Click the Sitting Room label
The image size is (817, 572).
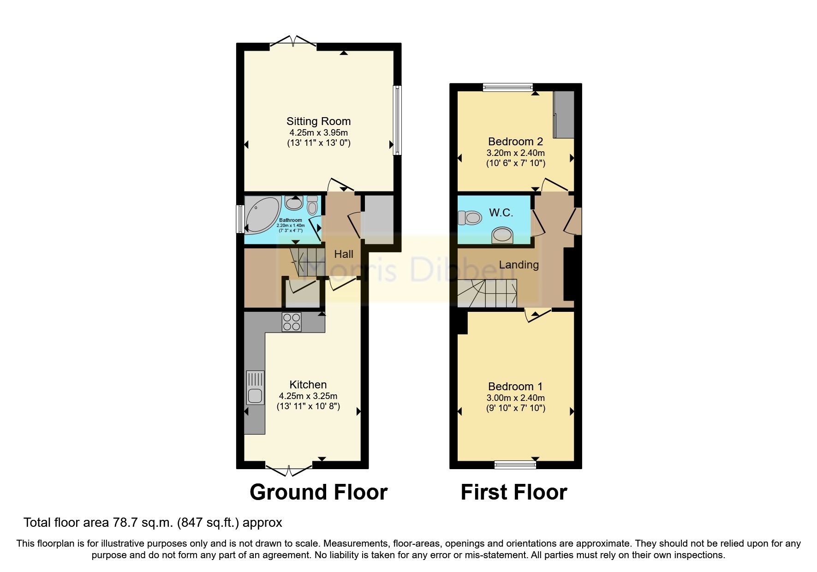tap(318, 121)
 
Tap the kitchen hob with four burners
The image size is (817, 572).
tap(292, 322)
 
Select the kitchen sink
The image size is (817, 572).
tap(255, 388)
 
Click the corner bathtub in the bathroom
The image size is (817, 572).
tap(260, 215)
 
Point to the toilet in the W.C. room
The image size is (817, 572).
tap(470, 217)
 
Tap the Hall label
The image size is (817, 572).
tap(344, 254)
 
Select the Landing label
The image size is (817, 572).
tap(519, 265)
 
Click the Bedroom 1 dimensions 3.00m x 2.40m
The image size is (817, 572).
tap(515, 398)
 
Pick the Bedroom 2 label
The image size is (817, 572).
tap(515, 142)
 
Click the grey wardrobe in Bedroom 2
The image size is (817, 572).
tap(564, 114)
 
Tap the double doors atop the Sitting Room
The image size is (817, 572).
tap(293, 42)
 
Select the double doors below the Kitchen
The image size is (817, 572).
tap(289, 470)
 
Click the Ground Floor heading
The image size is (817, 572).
tap(318, 492)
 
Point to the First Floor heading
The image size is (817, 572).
tap(513, 492)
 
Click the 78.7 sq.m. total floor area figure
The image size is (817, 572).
tap(143, 523)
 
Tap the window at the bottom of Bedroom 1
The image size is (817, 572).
tap(515, 465)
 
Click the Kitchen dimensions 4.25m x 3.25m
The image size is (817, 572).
tap(308, 396)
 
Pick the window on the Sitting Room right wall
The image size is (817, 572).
tap(397, 120)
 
